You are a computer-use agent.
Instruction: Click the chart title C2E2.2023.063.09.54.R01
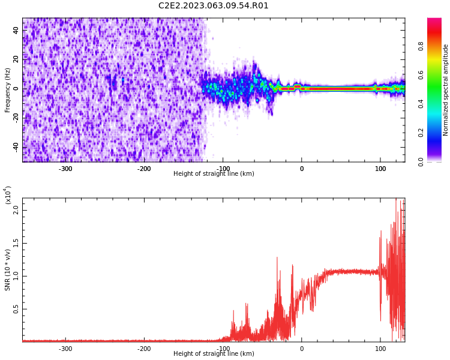pyautogui.click(x=213, y=6)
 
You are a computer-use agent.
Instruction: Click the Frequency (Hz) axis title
pyautogui.click(x=7, y=90)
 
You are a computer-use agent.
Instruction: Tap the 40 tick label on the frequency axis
pyautogui.click(x=16, y=30)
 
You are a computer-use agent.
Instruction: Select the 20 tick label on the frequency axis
pyautogui.click(x=16, y=59)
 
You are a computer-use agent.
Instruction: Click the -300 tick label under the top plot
pyautogui.click(x=65, y=169)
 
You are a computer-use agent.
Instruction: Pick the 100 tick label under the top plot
pyautogui.click(x=380, y=169)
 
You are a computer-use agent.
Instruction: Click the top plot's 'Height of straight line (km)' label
pyautogui.click(x=214, y=173)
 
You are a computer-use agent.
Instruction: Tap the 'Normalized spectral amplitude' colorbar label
pyautogui.click(x=445, y=90)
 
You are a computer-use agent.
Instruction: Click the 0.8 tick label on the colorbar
pyautogui.click(x=421, y=46)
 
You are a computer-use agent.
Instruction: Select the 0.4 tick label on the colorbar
pyautogui.click(x=421, y=104)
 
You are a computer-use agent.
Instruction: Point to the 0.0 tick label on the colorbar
pyautogui.click(x=421, y=162)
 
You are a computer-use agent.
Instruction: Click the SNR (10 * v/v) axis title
pyautogui.click(x=7, y=270)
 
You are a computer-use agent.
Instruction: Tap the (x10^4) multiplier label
pyautogui.click(x=8, y=195)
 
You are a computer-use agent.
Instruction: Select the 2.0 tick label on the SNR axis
pyautogui.click(x=16, y=210)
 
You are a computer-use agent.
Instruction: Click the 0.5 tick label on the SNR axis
pyautogui.click(x=16, y=309)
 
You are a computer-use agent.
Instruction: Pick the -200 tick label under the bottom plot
pyautogui.click(x=144, y=349)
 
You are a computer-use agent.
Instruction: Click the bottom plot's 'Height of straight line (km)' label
pyautogui.click(x=214, y=353)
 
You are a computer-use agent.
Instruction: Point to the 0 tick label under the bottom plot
pyautogui.click(x=302, y=349)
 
